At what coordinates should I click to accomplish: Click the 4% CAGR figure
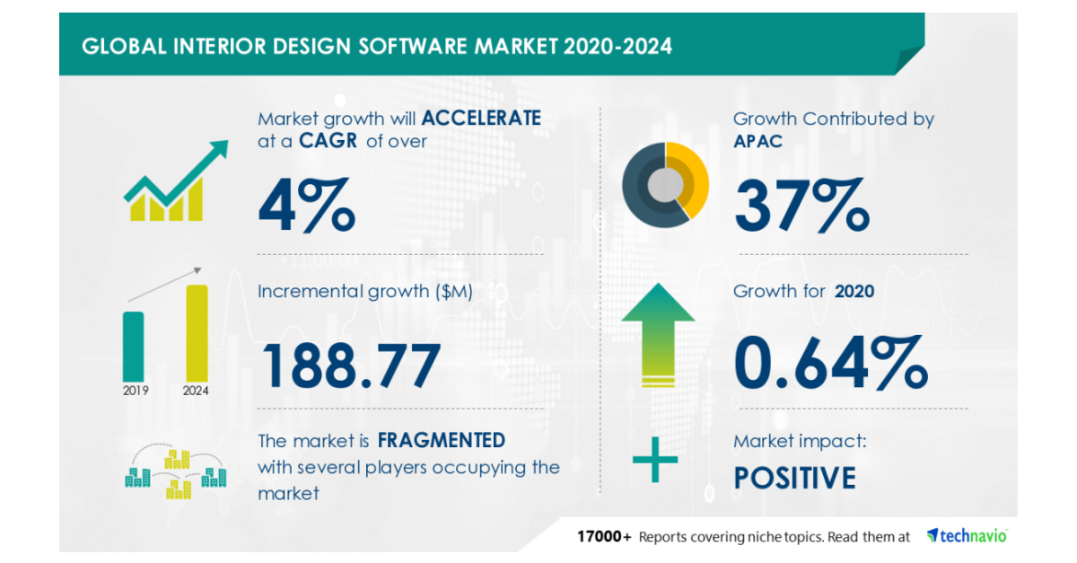click(x=306, y=205)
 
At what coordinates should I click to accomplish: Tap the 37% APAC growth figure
click(x=801, y=205)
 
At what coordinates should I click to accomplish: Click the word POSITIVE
click(x=794, y=477)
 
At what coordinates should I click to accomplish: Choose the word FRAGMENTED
click(x=441, y=440)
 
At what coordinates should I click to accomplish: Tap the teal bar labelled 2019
click(x=133, y=345)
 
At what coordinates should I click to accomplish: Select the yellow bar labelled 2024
click(x=197, y=331)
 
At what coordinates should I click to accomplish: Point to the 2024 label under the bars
click(x=197, y=391)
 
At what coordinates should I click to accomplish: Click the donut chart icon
click(x=665, y=184)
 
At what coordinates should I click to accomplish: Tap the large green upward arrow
click(x=659, y=333)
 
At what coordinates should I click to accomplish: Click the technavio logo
click(x=967, y=536)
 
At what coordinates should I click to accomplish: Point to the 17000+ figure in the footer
click(x=604, y=537)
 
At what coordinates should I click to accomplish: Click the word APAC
click(x=757, y=141)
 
